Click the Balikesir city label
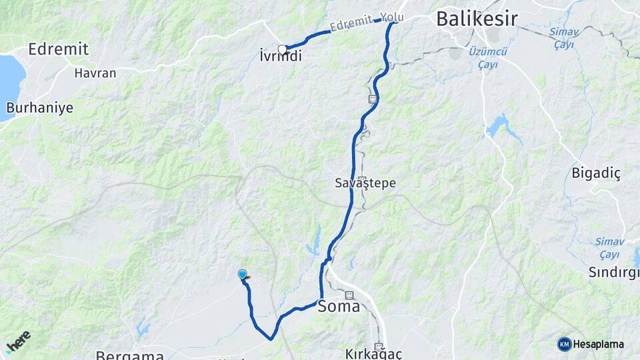477,19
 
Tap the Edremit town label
59,49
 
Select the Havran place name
95,73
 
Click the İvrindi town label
280,57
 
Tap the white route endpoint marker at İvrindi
283,49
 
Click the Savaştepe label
361,181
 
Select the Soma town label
339,307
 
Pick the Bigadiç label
596,173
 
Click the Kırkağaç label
374,354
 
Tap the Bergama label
130,355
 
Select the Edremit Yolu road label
367,23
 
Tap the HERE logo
18,341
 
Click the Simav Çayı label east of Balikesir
563,37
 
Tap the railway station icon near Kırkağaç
379,347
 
